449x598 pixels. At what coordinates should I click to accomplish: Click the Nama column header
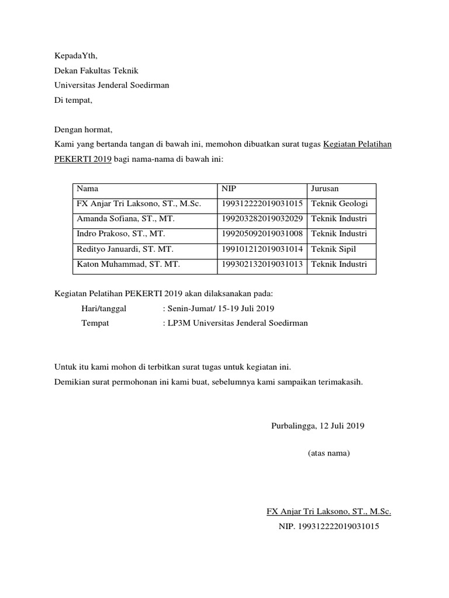[x=88, y=189]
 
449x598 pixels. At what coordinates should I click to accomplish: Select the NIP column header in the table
[x=229, y=189]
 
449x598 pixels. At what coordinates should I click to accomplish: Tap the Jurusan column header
[x=325, y=189]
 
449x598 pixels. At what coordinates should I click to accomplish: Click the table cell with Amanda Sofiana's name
[x=126, y=219]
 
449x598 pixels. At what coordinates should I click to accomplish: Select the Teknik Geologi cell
[x=340, y=204]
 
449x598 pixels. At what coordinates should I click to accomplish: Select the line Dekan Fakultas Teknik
[x=96, y=71]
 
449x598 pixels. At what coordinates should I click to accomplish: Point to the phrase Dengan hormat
[x=83, y=129]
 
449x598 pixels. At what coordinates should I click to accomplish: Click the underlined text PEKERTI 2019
[x=82, y=159]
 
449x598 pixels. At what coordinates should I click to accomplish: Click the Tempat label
[x=95, y=323]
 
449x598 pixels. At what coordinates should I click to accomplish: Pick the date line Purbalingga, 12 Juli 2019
[x=318, y=426]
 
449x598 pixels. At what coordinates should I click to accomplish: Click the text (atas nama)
[x=329, y=453]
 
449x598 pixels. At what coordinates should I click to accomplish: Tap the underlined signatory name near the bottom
[x=329, y=512]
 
